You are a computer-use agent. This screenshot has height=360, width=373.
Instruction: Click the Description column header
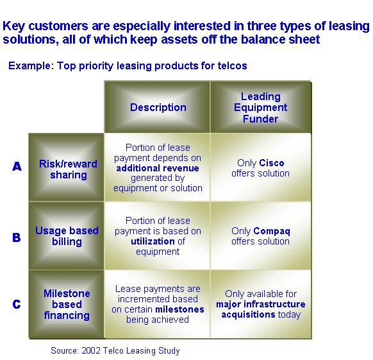coord(158,107)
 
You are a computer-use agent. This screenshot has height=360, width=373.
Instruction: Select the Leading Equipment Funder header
coord(260,107)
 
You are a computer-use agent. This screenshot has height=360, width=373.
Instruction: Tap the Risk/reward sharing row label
coord(69,169)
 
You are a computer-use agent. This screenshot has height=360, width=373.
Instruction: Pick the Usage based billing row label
coord(67,236)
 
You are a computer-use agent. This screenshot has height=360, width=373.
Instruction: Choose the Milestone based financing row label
coord(67,304)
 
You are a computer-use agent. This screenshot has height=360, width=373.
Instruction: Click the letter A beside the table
coord(17,166)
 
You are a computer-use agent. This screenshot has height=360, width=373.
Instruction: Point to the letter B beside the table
coord(17,237)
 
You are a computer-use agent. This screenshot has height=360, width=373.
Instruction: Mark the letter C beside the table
coord(17,304)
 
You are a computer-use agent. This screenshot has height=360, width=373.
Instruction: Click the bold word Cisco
coord(272,163)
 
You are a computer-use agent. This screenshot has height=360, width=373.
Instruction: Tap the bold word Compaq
coord(272,231)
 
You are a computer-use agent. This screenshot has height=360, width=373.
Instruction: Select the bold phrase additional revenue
coord(158,168)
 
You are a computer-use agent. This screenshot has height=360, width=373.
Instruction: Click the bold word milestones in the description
coord(179,309)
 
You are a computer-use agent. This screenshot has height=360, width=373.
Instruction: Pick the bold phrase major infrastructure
coord(261,304)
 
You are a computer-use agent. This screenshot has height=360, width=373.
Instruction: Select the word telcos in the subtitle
coord(233,65)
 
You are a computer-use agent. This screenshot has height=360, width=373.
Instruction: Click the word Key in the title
coord(13,26)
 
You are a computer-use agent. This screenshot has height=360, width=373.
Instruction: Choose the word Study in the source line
coord(169,351)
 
